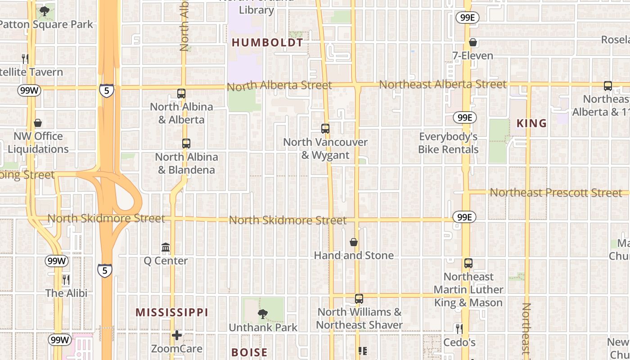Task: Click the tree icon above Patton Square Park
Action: click(x=44, y=11)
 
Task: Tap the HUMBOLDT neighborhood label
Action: click(x=267, y=43)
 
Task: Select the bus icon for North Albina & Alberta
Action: click(x=181, y=94)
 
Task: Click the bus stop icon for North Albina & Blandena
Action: click(x=186, y=144)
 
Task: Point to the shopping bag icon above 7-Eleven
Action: click(x=472, y=43)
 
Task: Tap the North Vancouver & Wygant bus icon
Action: click(x=325, y=129)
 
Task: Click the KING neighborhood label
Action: click(x=531, y=123)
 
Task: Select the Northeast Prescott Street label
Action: click(x=556, y=193)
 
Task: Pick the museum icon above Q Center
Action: click(x=166, y=247)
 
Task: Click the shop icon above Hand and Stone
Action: click(x=354, y=242)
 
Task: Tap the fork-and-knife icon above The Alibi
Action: click(x=66, y=280)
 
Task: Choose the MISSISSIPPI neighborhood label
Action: click(x=172, y=312)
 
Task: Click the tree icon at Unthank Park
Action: click(x=263, y=314)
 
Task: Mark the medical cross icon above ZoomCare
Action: click(x=177, y=335)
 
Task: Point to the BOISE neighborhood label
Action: click(x=249, y=352)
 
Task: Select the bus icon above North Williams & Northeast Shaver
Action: click(x=359, y=299)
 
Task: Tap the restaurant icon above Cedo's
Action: click(x=459, y=329)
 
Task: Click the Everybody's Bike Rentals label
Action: click(x=448, y=143)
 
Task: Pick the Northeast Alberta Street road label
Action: click(x=442, y=84)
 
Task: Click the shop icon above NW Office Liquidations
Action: click(x=38, y=123)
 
